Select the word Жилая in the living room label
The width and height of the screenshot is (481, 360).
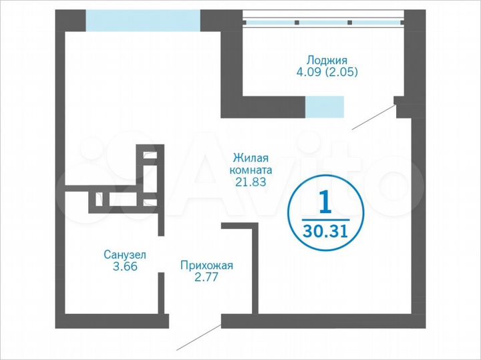[251, 158]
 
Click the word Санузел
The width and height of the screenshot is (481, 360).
[124, 254]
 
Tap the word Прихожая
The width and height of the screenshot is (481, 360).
[206, 266]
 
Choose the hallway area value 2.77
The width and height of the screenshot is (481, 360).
[206, 278]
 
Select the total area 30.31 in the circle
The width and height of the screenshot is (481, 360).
[325, 232]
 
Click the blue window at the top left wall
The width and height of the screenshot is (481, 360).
[143, 20]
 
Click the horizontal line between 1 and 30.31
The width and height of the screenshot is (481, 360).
[325, 218]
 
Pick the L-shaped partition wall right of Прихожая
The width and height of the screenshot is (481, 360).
[253, 267]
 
